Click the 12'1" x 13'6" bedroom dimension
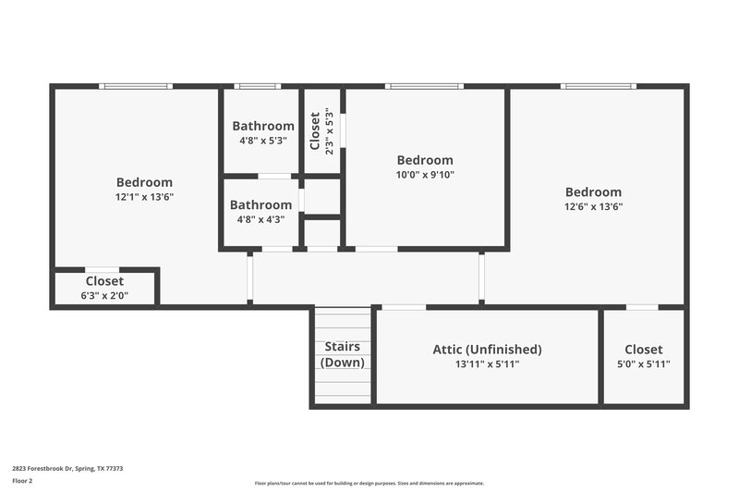[x=144, y=196]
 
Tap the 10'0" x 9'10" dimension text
[x=425, y=174]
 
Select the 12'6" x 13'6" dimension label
[x=594, y=206]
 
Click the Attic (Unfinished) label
[x=487, y=350]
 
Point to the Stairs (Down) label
[x=342, y=354]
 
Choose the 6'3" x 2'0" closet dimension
[x=104, y=295]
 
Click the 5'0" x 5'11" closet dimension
[x=643, y=364]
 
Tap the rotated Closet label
[x=315, y=131]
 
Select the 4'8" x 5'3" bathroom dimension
[x=263, y=141]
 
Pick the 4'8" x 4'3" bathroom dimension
[x=257, y=219]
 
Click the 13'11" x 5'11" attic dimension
[x=487, y=364]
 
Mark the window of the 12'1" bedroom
[x=136, y=86]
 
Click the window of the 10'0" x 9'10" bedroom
[x=424, y=86]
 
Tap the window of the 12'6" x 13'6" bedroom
[x=598, y=86]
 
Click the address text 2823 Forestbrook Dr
[x=67, y=469]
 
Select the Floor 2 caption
[x=22, y=481]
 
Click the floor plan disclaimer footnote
[x=369, y=483]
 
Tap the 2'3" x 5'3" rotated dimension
[x=329, y=131]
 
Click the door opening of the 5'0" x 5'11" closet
[x=642, y=306]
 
